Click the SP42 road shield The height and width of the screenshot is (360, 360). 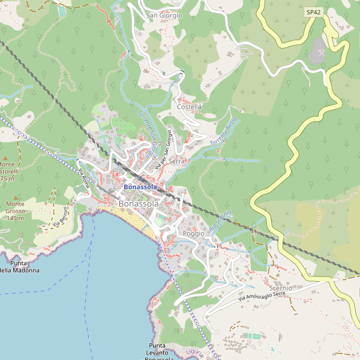tap(313, 12)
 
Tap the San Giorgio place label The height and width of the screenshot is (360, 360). tap(164, 16)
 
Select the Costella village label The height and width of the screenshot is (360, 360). tap(190, 107)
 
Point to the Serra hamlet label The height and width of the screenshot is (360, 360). tap(177, 161)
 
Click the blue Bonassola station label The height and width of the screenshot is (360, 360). tap(140, 187)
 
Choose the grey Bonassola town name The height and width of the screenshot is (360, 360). tap(139, 204)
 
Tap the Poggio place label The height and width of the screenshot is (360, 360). tap(194, 233)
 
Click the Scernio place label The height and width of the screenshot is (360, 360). tap(281, 288)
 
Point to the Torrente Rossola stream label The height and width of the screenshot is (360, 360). tap(224, 133)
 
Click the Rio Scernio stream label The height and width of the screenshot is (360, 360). tap(220, 223)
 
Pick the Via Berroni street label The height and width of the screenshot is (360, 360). tap(60, 217)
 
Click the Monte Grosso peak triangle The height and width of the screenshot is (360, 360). tap(16, 197)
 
